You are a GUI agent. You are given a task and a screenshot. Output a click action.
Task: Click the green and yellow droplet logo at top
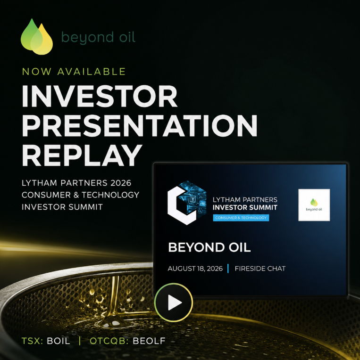click(x=37, y=37)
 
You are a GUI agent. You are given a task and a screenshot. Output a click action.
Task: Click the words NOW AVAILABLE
click(x=74, y=72)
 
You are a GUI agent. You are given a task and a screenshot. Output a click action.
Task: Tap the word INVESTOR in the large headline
click(x=100, y=96)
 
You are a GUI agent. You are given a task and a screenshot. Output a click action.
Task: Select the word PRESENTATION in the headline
click(x=140, y=126)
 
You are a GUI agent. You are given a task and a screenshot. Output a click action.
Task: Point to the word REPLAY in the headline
click(x=82, y=155)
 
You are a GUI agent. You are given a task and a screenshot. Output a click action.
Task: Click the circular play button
click(x=174, y=302)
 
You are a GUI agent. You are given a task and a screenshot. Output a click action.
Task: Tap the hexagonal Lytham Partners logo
click(x=187, y=203)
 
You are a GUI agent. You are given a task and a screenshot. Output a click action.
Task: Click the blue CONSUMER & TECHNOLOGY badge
click(x=241, y=218)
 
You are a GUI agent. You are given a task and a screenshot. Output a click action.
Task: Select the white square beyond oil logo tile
click(x=314, y=205)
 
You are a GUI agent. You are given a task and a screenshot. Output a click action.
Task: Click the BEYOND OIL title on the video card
click(x=209, y=247)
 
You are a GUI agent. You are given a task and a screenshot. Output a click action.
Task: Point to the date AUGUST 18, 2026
click(x=195, y=269)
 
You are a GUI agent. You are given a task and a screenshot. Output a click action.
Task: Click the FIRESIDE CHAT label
click(x=260, y=269)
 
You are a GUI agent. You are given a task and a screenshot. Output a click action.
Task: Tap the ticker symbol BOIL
click(x=59, y=341)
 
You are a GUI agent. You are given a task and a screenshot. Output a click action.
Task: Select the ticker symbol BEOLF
click(x=149, y=341)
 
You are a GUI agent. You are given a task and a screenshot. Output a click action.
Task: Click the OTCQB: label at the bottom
click(x=109, y=341)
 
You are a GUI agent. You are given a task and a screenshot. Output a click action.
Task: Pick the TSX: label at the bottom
click(x=32, y=341)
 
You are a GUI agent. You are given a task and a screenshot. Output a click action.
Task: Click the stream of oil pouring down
click(x=114, y=296)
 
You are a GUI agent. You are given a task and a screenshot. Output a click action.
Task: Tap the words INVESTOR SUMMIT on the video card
click(x=245, y=207)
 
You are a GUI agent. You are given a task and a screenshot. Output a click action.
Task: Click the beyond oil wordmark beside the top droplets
click(x=98, y=38)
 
